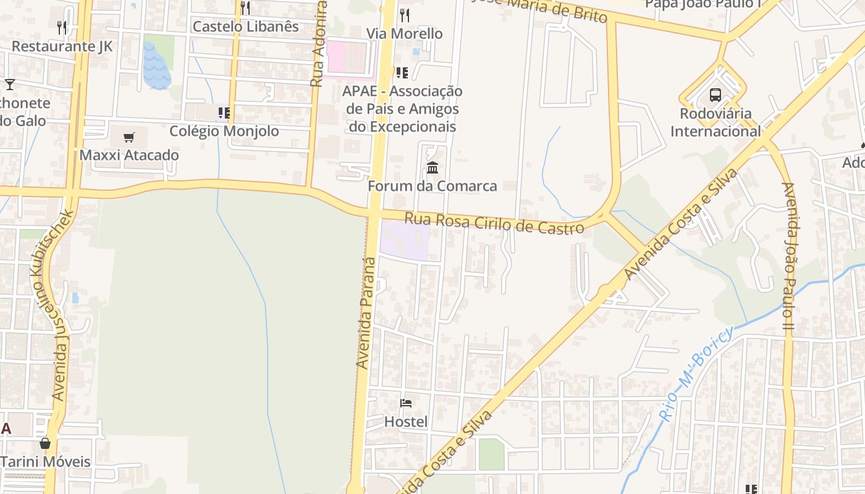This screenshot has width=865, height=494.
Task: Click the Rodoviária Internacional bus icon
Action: [715, 95]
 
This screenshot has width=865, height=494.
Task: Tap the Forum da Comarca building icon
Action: [432, 167]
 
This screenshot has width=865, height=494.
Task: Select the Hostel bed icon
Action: [406, 403]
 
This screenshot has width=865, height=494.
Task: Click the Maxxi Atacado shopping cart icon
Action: [129, 137]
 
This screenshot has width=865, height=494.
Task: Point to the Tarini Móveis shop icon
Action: [44, 443]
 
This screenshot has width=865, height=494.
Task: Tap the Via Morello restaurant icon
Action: [405, 15]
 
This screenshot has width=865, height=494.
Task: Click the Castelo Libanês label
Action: [245, 27]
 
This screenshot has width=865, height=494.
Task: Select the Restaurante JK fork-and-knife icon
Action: [62, 27]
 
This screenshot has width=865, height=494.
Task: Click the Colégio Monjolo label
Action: [224, 131]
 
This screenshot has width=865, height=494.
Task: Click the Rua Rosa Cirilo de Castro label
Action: [494, 223]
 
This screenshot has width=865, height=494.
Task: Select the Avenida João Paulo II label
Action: [788, 259]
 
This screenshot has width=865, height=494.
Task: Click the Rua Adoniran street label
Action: [318, 43]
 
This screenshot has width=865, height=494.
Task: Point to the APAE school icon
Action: [402, 73]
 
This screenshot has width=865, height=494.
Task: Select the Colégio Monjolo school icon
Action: [224, 113]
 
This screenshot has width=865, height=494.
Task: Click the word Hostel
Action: [406, 422]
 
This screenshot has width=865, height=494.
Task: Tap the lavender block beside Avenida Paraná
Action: [404, 240]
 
